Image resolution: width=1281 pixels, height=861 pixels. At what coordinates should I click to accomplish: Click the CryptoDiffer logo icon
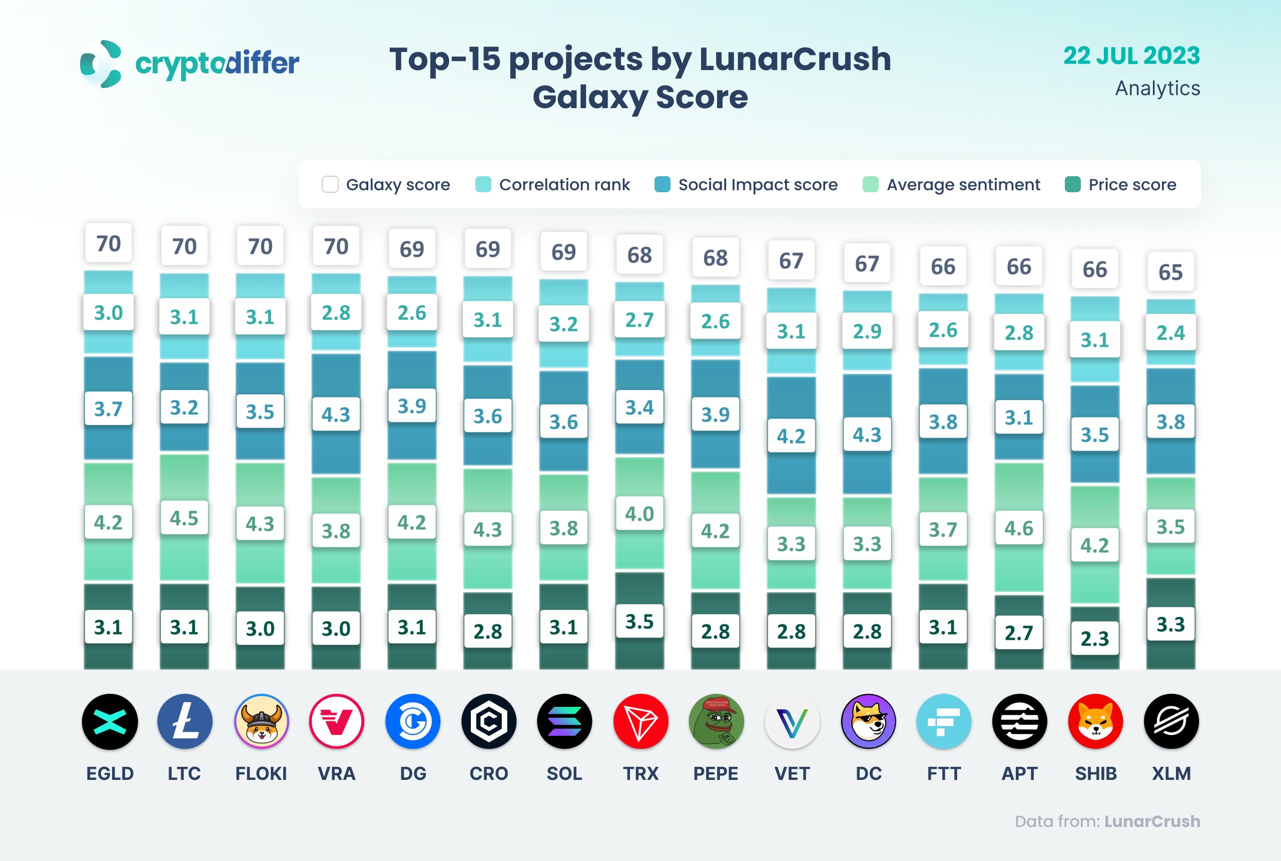coord(101,64)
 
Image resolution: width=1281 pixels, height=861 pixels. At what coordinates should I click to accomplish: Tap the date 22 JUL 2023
coord(1131,56)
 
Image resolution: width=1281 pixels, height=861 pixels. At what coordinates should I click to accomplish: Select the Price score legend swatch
coord(1072,185)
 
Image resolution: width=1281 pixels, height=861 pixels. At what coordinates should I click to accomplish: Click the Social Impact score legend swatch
coord(662,185)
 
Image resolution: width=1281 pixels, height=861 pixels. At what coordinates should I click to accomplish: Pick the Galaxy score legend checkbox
coord(330,185)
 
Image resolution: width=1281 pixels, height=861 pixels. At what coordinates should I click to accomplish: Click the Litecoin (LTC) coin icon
coord(185,721)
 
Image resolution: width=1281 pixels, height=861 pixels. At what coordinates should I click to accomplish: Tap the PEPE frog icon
coord(716,721)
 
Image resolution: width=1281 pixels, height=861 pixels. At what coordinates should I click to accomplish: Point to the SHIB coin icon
coord(1095,721)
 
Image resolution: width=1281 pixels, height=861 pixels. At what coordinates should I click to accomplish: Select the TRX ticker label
coord(640,773)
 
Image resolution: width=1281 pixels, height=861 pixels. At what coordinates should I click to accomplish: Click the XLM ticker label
coord(1171,773)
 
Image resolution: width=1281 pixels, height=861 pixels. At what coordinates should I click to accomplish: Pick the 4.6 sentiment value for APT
coord(1019,528)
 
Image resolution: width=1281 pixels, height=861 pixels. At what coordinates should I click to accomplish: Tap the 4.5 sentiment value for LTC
coord(184,518)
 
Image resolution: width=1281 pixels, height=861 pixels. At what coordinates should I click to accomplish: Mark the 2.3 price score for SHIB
coord(1094,639)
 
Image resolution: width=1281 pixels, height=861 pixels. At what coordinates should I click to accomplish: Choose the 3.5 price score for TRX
coord(639,622)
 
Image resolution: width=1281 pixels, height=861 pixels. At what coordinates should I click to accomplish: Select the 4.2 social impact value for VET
coord(791,436)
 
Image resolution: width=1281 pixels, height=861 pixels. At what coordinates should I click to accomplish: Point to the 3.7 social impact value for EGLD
coord(108,408)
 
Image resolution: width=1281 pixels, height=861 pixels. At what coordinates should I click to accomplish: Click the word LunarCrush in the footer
coord(1152,821)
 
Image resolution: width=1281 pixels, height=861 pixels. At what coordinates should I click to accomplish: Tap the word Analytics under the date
coord(1157,89)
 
